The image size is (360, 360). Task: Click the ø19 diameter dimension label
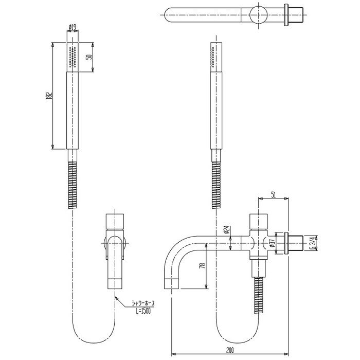(73, 28)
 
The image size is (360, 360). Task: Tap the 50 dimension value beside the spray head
(89, 57)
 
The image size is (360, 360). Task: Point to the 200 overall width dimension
(230, 351)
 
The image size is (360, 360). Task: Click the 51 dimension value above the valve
(273, 195)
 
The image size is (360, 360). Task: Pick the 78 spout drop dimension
(203, 266)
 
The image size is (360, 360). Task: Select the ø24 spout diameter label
(227, 229)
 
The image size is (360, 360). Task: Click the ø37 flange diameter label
(273, 243)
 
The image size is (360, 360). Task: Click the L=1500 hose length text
(143, 311)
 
